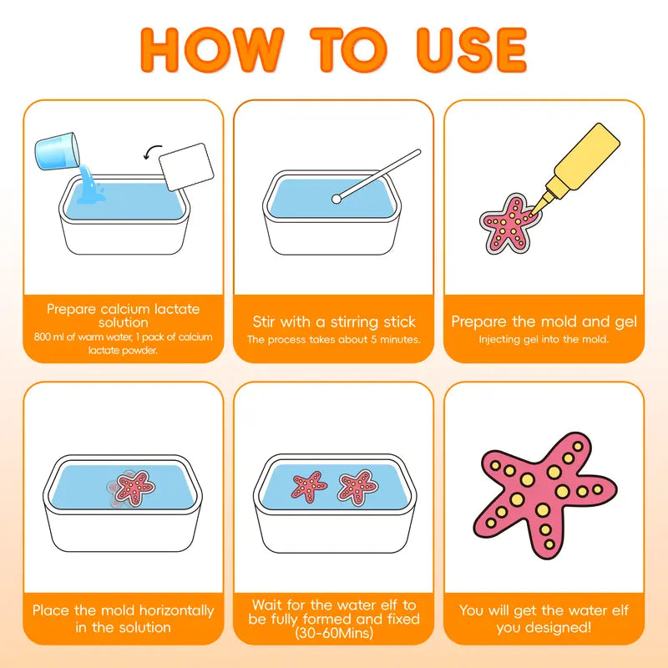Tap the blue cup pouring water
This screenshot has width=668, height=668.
click(x=57, y=150)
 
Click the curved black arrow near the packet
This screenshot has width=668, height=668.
click(x=154, y=150)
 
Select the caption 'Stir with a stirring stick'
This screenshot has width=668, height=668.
click(x=334, y=321)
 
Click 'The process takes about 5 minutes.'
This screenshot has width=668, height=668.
click(x=334, y=340)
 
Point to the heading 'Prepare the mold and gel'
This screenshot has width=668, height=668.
click(x=544, y=321)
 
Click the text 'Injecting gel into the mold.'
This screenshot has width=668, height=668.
click(x=544, y=340)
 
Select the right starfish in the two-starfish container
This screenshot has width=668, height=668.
click(x=357, y=485)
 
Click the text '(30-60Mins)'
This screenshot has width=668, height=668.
click(x=334, y=634)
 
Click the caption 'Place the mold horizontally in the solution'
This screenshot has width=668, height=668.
click(x=124, y=619)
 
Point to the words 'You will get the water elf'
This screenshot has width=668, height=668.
click(x=544, y=610)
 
